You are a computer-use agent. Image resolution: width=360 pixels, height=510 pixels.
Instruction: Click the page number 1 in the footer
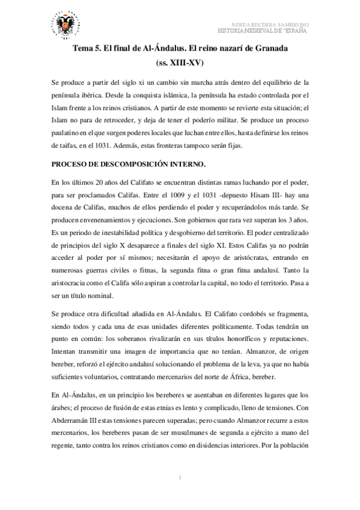tap(180, 478)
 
